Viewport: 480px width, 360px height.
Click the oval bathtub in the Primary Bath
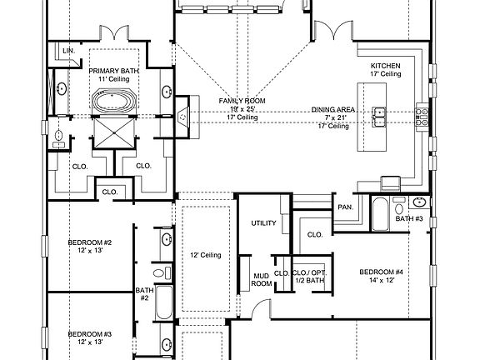click(x=114, y=100)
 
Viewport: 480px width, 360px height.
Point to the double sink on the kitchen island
click(x=379, y=117)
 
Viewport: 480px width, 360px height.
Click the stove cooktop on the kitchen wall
click(x=422, y=117)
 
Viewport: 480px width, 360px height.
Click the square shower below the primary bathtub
click(x=114, y=132)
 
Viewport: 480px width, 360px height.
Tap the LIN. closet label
click(x=69, y=51)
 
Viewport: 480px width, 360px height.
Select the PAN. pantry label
click(x=346, y=207)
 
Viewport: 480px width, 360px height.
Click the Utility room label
click(x=263, y=223)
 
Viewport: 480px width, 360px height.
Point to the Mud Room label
click(x=262, y=280)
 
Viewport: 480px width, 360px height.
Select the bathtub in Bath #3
click(x=381, y=213)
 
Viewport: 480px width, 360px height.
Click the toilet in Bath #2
click(x=162, y=272)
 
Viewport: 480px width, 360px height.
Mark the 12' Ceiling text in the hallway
click(x=205, y=255)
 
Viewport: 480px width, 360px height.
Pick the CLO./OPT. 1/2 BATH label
click(x=310, y=276)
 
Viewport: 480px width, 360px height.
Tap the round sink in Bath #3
click(x=419, y=202)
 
